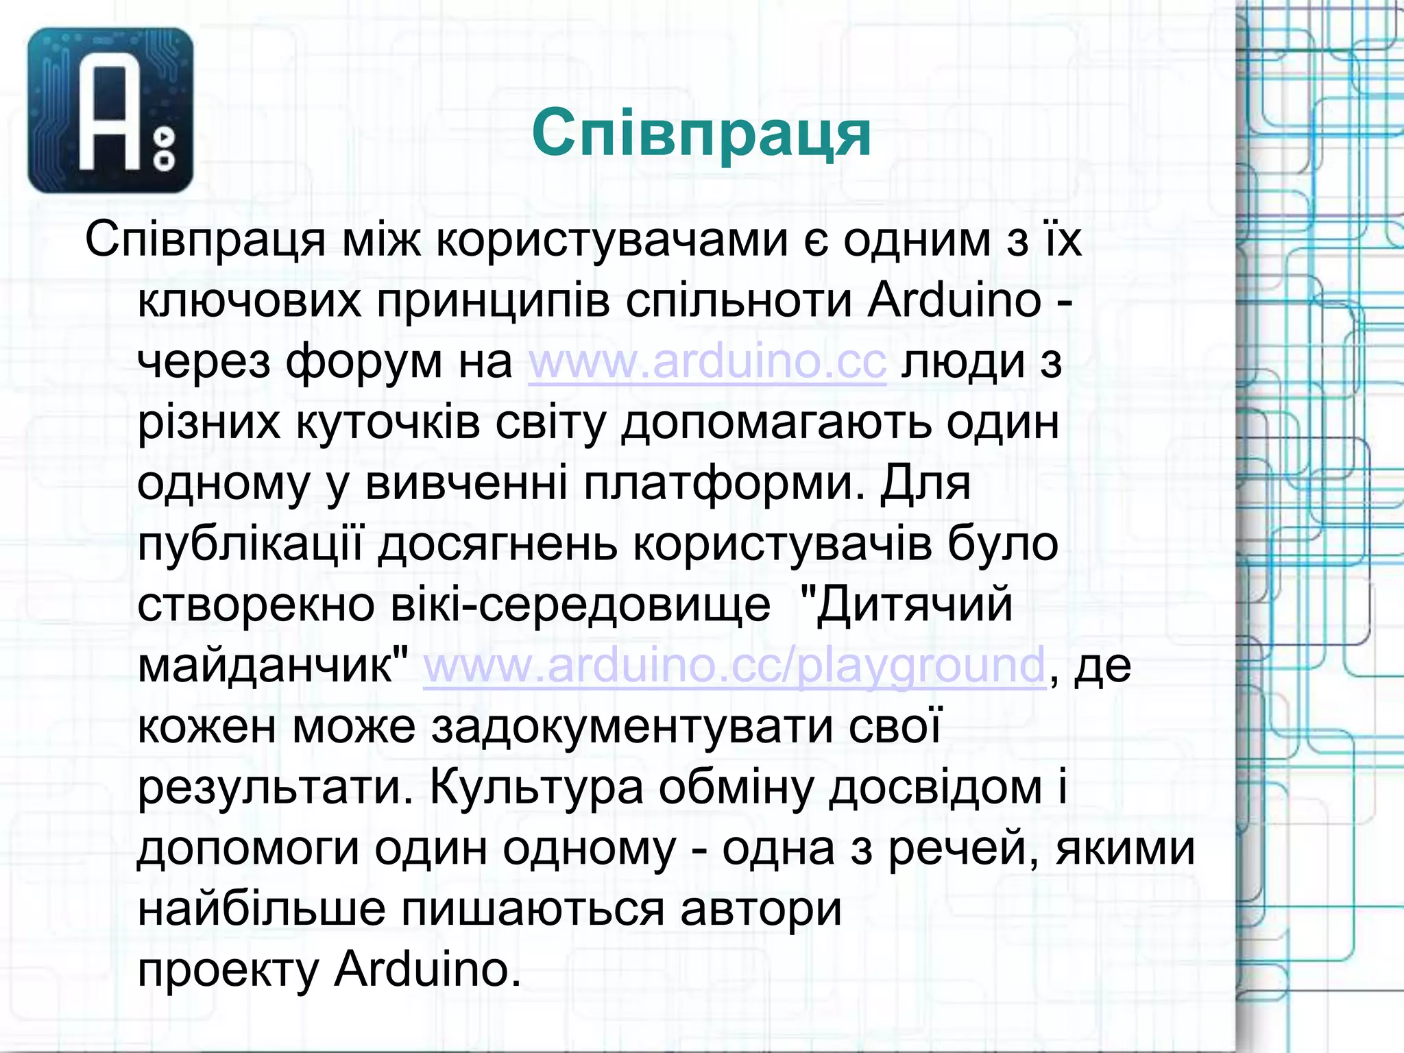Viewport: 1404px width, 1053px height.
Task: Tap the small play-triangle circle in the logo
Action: pyautogui.click(x=165, y=137)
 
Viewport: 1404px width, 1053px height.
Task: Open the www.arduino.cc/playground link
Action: pyautogui.click(x=734, y=665)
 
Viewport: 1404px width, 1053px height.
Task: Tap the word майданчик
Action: pyautogui.click(x=274, y=665)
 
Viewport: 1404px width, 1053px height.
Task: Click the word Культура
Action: pyautogui.click(x=537, y=787)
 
